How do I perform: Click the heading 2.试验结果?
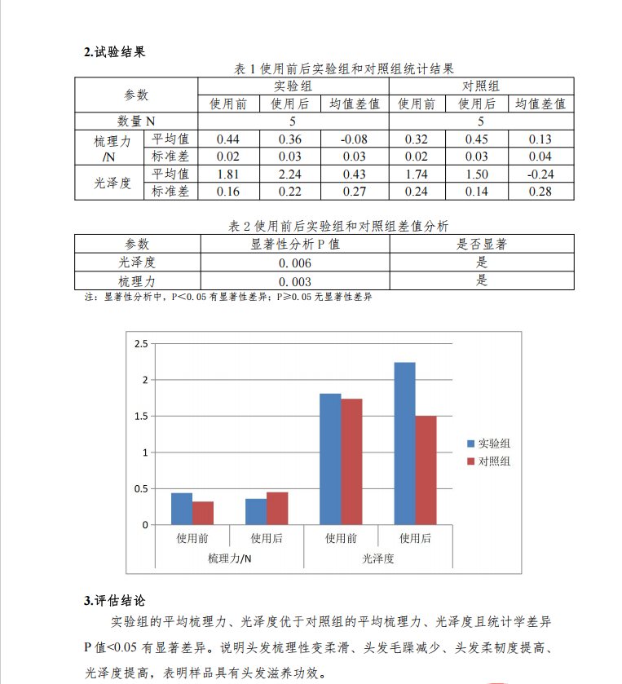[115, 52]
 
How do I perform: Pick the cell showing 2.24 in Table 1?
[289, 174]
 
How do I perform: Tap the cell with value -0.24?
[540, 174]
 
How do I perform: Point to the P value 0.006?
[295, 263]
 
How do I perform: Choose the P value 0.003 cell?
[295, 281]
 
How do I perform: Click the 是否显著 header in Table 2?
[481, 244]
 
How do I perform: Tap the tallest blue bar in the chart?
[404, 443]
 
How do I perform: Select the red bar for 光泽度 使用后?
[426, 470]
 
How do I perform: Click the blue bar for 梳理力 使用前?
[182, 509]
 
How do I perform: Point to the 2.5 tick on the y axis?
[141, 344]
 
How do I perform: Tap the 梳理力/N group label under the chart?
[229, 558]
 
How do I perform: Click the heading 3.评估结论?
[115, 601]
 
